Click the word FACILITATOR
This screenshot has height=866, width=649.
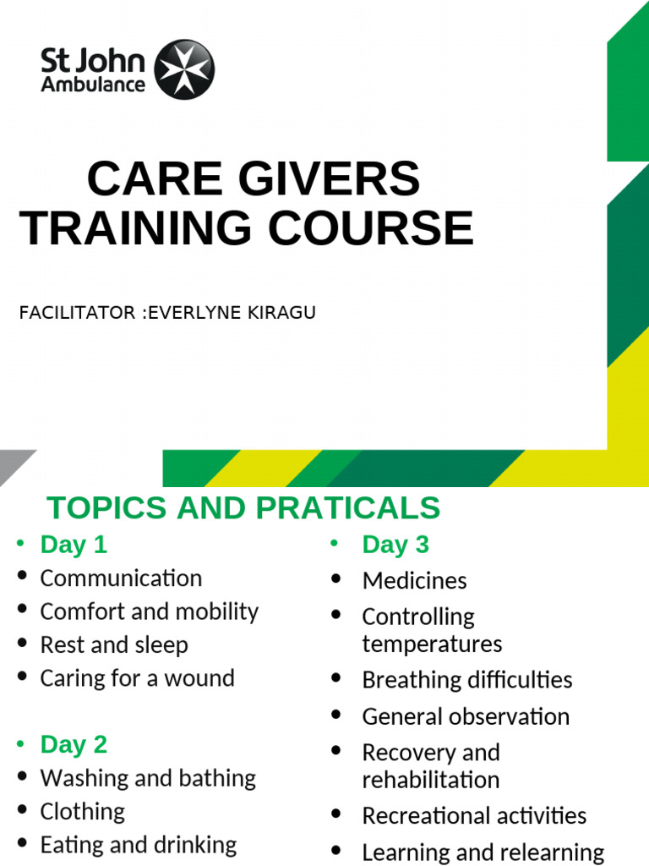click(x=77, y=313)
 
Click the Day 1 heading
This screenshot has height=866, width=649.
click(x=74, y=545)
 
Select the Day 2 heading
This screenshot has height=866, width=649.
click(x=74, y=744)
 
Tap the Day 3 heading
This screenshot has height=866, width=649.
click(x=395, y=545)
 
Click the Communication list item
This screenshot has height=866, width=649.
click(x=121, y=578)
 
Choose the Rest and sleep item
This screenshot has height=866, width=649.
click(x=114, y=644)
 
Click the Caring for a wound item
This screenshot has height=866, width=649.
click(x=137, y=677)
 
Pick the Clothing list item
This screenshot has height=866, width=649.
click(x=83, y=811)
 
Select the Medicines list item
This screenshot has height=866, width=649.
click(x=414, y=580)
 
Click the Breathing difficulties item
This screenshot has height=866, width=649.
click(x=466, y=680)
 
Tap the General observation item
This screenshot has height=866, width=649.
click(x=466, y=716)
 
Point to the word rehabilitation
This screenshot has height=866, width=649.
click(x=431, y=780)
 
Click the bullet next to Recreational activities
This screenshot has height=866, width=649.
click(x=336, y=815)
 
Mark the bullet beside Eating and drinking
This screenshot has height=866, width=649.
click(x=21, y=844)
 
